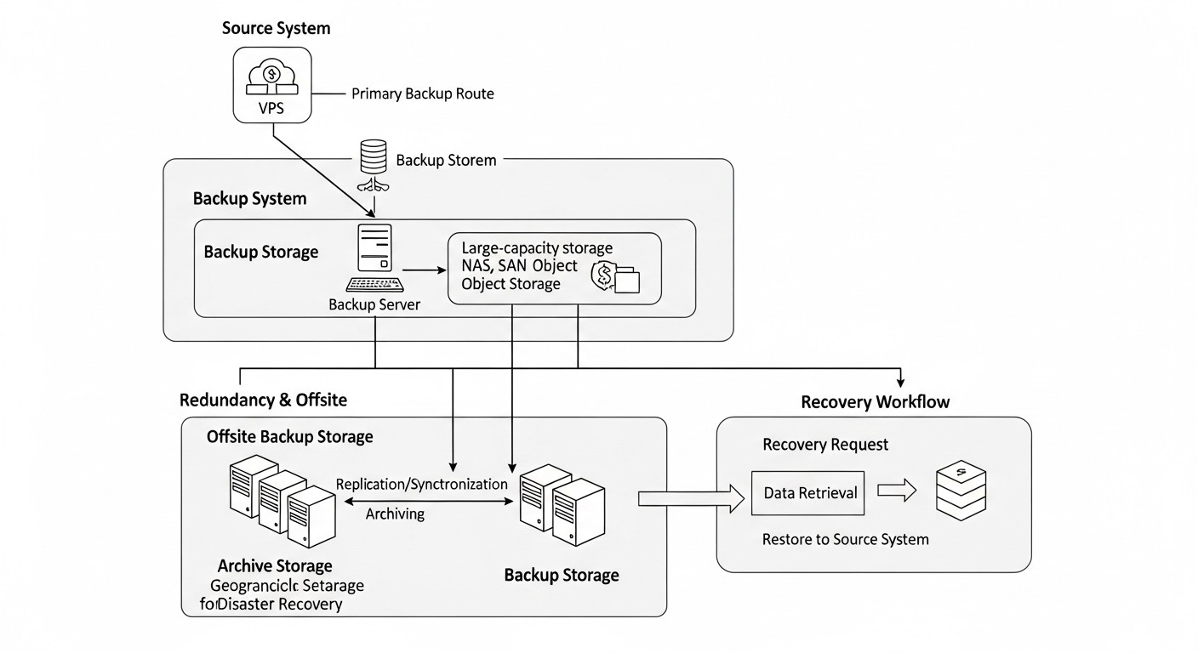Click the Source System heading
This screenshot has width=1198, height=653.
click(x=276, y=28)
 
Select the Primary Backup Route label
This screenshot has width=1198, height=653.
click(x=422, y=94)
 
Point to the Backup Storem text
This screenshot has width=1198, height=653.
click(x=446, y=160)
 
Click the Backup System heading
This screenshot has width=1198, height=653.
click(x=249, y=199)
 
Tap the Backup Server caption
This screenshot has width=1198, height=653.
click(x=374, y=304)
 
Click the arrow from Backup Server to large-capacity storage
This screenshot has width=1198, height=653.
click(x=424, y=270)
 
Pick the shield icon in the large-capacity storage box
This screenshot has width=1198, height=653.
click(x=605, y=275)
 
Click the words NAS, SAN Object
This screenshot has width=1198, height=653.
click(x=519, y=266)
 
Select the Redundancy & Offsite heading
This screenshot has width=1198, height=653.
click(x=263, y=400)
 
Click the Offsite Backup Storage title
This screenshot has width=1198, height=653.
click(x=290, y=437)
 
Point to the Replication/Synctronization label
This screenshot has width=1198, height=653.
click(x=421, y=484)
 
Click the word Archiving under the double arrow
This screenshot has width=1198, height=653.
click(x=395, y=514)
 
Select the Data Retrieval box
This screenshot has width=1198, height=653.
click(x=807, y=493)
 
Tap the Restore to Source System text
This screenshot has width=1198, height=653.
click(x=845, y=539)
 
